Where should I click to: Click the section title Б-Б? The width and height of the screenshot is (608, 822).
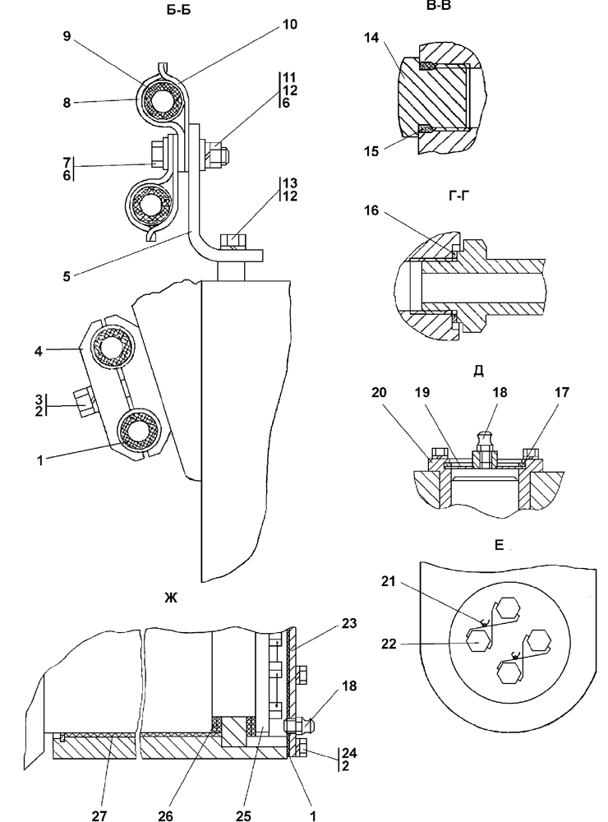179,11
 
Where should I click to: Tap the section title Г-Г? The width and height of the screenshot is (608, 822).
459,196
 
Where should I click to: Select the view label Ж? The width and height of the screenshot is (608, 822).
171,598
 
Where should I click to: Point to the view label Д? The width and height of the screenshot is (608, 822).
478,372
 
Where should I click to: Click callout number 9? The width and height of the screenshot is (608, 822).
67,37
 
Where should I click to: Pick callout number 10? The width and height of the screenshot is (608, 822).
289,24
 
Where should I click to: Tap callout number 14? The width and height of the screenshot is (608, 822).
371,38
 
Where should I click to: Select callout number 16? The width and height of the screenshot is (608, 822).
371,210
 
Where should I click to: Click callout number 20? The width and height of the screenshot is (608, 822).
379,392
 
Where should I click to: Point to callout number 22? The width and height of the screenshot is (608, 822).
389,644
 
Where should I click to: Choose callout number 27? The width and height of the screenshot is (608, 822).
99,815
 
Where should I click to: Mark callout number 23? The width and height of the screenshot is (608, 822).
349,623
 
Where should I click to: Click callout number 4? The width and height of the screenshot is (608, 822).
39,350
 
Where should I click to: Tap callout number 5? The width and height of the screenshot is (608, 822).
67,276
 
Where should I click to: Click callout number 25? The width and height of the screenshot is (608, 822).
243,815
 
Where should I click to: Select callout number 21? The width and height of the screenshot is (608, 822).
389,581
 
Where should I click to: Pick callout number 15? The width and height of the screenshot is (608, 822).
371,151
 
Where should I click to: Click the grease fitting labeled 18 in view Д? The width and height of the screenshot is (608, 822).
483,449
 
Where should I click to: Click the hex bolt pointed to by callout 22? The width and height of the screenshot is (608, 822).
478,640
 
